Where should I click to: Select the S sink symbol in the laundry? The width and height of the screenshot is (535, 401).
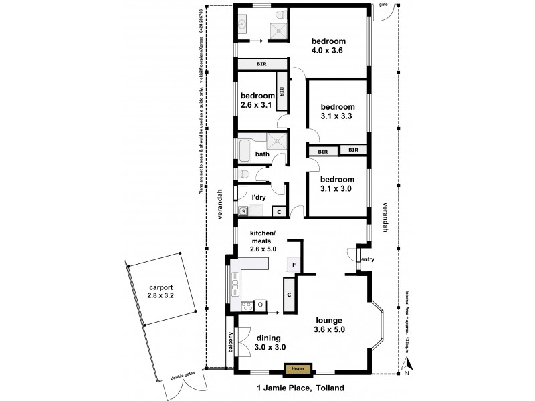click(243, 211)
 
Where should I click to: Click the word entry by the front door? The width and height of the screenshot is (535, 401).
click(367, 259)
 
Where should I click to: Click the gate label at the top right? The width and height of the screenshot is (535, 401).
click(383, 4)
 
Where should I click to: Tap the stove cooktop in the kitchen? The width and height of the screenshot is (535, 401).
click(247, 306)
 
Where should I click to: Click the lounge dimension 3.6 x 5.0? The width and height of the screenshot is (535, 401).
click(331, 329)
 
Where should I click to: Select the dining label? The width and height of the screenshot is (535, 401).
click(267, 338)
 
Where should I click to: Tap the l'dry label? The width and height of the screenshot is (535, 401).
click(259, 198)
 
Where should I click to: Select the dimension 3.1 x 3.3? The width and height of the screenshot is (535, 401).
click(336, 116)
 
